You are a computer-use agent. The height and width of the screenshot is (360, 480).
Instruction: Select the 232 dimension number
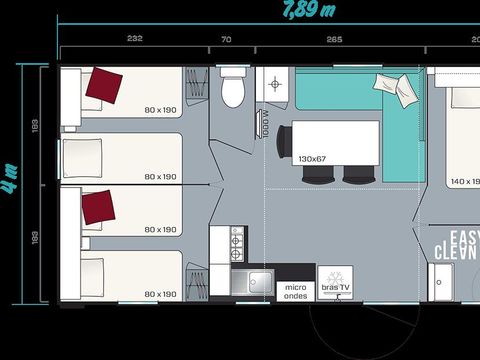coord(135,39)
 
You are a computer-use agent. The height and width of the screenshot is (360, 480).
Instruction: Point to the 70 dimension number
coord(226,39)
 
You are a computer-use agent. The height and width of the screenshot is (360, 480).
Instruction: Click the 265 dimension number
coord(334,39)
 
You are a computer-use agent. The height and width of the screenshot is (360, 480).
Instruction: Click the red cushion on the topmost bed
coord(104,85)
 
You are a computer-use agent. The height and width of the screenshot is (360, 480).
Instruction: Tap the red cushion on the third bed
coord(96,207)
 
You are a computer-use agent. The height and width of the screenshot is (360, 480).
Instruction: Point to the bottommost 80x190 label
coord(160,294)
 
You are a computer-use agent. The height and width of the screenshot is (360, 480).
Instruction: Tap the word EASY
coord(463,237)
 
